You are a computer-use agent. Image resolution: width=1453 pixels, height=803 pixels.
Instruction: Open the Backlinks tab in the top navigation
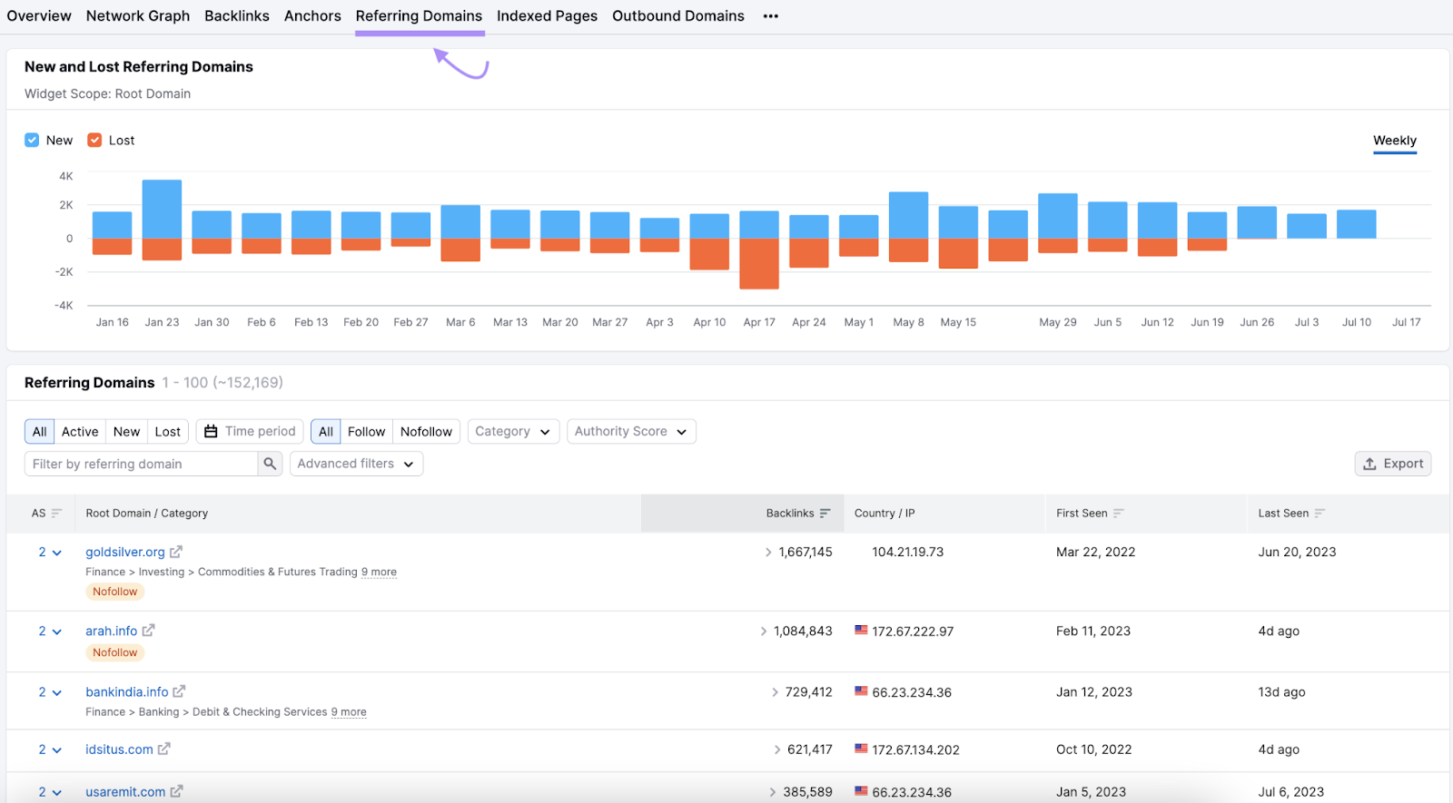point(236,16)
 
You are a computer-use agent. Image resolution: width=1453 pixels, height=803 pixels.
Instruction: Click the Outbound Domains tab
point(677,16)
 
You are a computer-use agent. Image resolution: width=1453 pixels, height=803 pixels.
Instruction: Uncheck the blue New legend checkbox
point(32,140)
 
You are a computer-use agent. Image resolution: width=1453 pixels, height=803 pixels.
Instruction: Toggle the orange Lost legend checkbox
point(94,140)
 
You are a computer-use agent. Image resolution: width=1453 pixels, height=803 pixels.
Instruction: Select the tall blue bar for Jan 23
point(162,209)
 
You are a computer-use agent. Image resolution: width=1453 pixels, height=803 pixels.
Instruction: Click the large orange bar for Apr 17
point(759,263)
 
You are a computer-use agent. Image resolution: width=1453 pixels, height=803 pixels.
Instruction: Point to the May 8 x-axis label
point(908,322)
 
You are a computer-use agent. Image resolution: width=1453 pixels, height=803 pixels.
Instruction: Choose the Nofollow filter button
point(426,432)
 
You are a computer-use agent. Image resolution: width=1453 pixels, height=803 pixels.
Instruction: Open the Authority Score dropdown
point(631,432)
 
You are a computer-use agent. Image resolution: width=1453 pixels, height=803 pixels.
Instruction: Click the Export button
point(1392,464)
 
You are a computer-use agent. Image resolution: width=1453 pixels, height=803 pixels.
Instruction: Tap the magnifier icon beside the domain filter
point(270,464)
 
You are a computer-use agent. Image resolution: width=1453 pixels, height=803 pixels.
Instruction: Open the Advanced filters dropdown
point(356,464)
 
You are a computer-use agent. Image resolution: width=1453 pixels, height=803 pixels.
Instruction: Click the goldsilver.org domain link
point(125,552)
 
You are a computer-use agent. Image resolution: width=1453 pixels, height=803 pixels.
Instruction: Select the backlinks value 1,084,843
point(803,632)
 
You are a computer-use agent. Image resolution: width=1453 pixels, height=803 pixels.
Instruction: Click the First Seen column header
point(1082,514)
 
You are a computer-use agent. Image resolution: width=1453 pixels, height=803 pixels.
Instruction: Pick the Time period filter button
point(250,432)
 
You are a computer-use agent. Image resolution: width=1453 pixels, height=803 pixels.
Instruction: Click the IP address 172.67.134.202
point(915,750)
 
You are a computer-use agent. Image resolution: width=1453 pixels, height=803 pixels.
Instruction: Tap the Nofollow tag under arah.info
point(115,652)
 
